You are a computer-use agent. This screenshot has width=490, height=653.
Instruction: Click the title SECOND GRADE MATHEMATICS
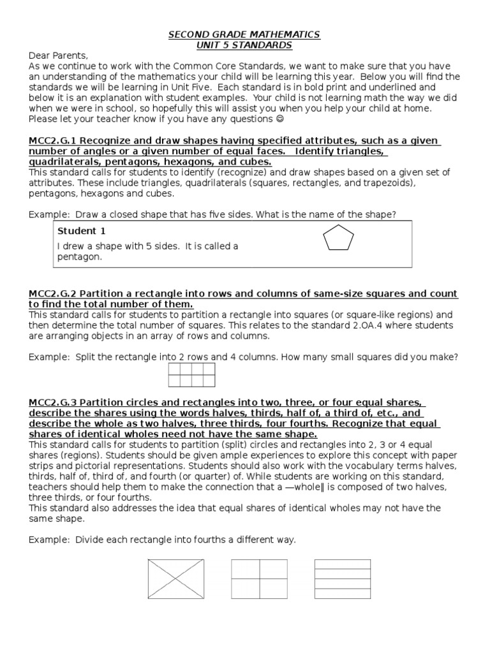tap(244, 34)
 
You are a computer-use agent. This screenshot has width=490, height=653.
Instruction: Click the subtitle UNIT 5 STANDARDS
tap(244, 45)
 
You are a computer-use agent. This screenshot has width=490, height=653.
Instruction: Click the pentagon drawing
tap(338, 240)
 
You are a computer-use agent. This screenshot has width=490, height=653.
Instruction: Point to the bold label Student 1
tap(77, 231)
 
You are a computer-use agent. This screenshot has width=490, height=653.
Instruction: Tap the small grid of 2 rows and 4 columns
tap(191, 375)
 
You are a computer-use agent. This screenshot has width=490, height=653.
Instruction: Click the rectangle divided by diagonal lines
tap(176, 578)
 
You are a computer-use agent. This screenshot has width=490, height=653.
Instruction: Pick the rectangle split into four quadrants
tap(259, 578)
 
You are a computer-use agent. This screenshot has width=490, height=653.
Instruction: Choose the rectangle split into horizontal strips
tap(343, 578)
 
